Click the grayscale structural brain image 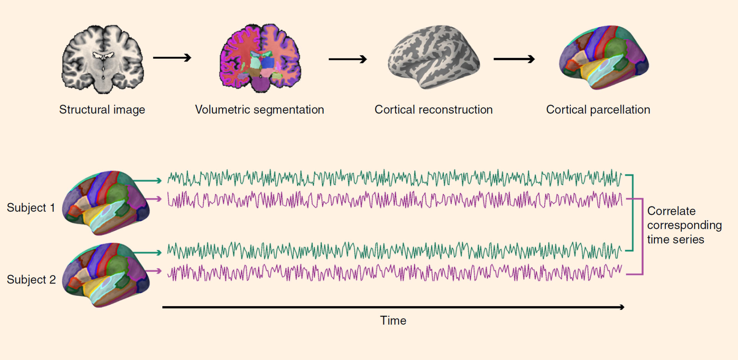[103, 59]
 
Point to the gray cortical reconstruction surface [434, 57]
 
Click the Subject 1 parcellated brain [106, 203]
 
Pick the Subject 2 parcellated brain [106, 275]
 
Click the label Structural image [102, 110]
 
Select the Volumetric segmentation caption [259, 110]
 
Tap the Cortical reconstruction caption [434, 110]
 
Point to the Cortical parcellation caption [598, 110]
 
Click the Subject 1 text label [31, 208]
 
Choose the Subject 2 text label [31, 280]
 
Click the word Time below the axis [393, 320]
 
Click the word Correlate [672, 211]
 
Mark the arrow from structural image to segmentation [172, 58]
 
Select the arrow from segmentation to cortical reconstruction [348, 59]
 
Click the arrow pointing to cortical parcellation [514, 59]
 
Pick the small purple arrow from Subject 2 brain [153, 271]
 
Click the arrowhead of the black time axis [622, 307]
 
